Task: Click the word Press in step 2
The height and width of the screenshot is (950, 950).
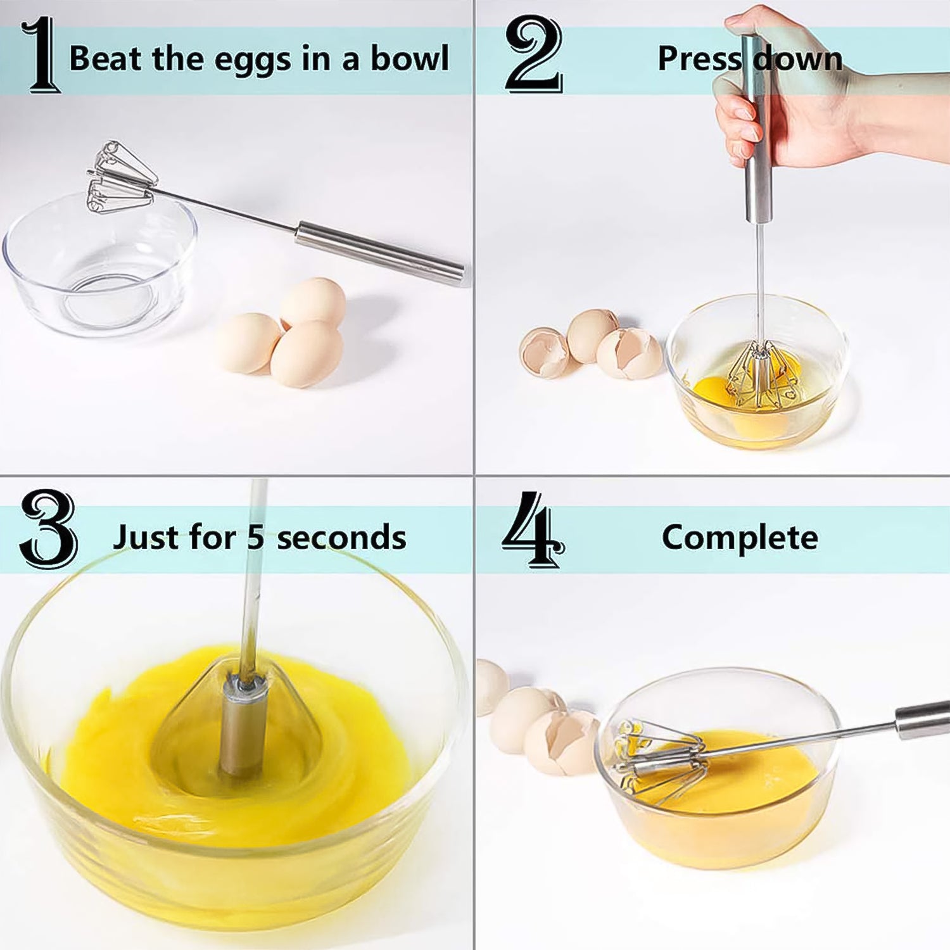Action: [699, 58]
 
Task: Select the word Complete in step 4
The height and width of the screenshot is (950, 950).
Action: [740, 537]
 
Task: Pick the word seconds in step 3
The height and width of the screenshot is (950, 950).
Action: [341, 537]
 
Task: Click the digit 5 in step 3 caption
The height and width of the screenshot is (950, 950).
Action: [255, 537]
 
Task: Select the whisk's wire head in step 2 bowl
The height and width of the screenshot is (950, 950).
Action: [761, 377]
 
